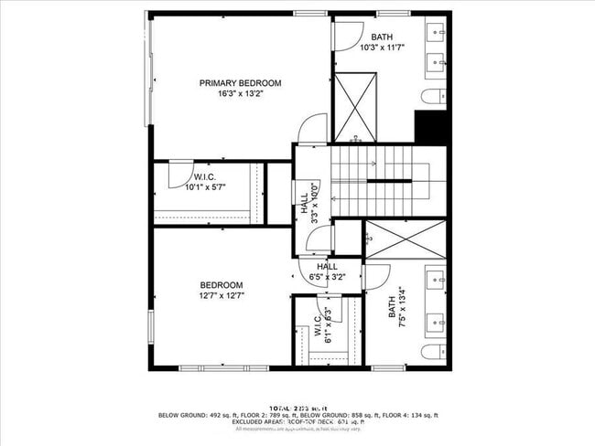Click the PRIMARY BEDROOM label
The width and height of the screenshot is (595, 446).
[x=240, y=83]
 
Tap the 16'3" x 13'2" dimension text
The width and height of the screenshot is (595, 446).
[x=240, y=94]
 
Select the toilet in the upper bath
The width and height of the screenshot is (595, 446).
[x=433, y=97]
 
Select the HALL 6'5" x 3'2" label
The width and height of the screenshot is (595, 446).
[x=327, y=271]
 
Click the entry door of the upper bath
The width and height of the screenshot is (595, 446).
[x=347, y=36]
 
